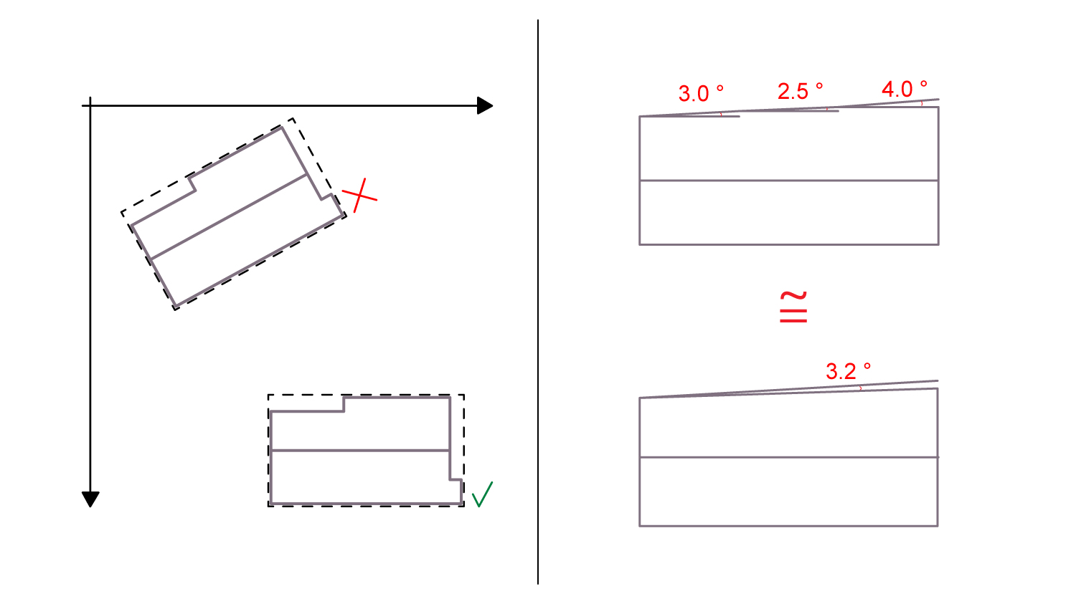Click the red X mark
[x=359, y=196]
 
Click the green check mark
[x=482, y=495]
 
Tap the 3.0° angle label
[x=701, y=93]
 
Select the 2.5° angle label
[x=801, y=91]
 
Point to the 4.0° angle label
[x=905, y=89]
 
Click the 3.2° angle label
[x=849, y=371]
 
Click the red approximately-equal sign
[x=793, y=307]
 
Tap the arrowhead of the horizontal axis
[x=485, y=105]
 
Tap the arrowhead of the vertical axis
[x=90, y=499]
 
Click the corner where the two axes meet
[x=90, y=105]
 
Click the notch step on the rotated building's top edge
[x=192, y=185]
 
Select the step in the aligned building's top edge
[x=344, y=404]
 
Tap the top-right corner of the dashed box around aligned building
[x=464, y=395]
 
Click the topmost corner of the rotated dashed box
[x=293, y=118]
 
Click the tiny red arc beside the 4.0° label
[x=922, y=103]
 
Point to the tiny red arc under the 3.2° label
[x=860, y=388]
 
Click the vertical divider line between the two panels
[x=538, y=302]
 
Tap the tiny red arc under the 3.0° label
[x=721, y=114]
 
